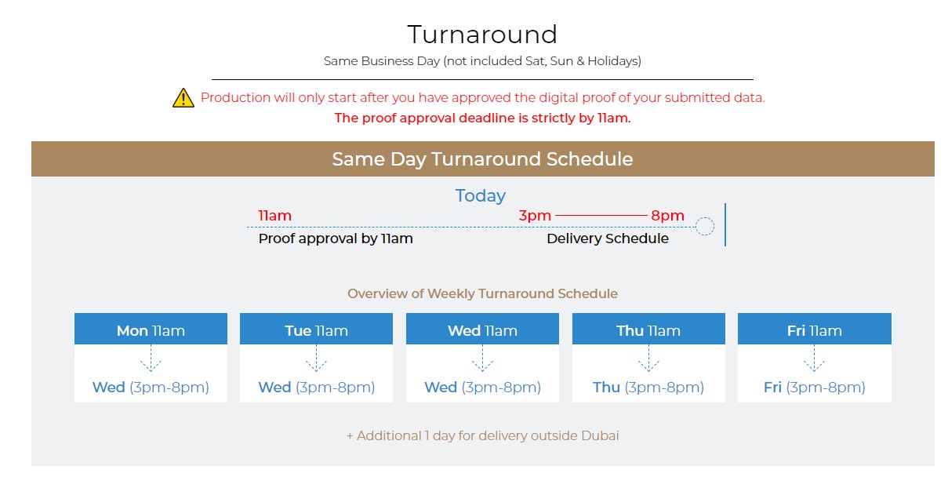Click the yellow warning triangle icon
click(183, 98)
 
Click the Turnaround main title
click(482, 35)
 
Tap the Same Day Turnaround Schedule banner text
click(482, 159)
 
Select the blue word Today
click(481, 196)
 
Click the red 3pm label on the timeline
click(535, 216)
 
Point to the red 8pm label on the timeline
click(667, 216)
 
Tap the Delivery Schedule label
click(608, 238)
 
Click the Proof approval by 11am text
click(336, 238)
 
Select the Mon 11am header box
click(151, 329)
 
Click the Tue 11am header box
click(316, 329)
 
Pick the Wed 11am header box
click(482, 329)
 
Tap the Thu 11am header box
click(648, 329)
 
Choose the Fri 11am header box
click(814, 329)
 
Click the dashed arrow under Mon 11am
click(151, 359)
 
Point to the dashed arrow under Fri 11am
click(814, 359)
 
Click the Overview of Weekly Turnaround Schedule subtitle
click(482, 293)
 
